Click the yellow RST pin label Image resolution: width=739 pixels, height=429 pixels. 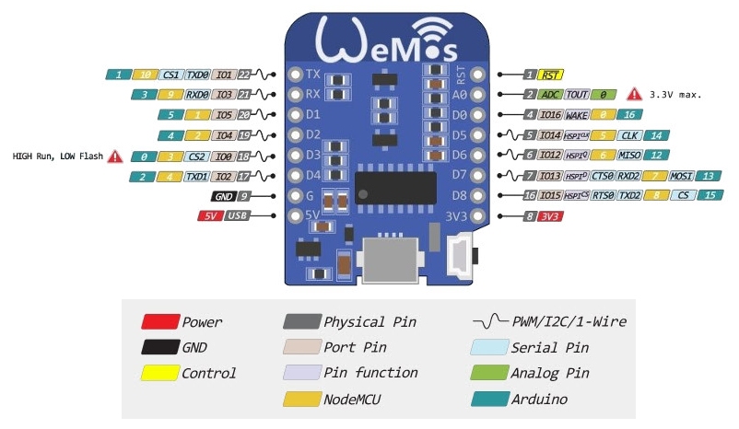551,75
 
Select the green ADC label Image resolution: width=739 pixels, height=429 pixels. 551,94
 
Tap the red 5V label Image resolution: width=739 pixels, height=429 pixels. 210,215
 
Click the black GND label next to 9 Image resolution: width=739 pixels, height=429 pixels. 223,196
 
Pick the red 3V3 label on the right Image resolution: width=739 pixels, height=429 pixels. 550,215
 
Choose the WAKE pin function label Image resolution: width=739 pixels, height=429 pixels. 577,115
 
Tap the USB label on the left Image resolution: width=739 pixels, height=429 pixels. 236,215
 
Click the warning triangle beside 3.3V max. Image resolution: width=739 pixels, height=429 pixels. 634,94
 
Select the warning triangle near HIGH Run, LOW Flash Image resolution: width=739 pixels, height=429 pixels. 115,156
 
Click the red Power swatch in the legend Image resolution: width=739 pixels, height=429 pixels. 158,322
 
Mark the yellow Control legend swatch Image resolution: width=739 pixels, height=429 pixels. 158,373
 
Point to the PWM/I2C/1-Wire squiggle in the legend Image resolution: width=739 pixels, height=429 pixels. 488,322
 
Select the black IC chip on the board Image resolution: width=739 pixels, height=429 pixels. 395,186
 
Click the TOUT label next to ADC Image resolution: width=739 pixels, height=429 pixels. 578,94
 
